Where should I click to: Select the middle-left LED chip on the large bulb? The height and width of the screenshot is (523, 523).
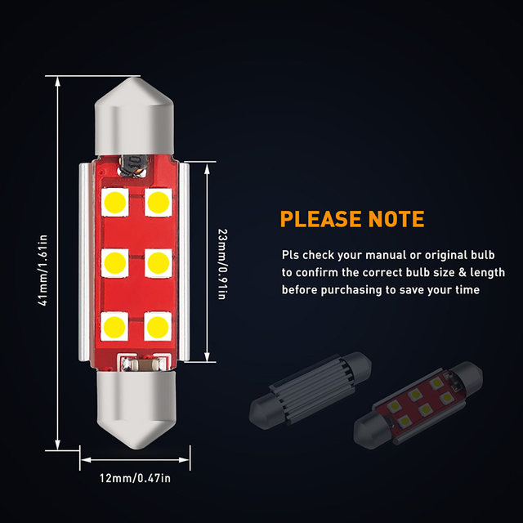(x=114, y=262)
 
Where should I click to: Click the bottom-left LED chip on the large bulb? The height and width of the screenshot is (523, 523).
(x=114, y=324)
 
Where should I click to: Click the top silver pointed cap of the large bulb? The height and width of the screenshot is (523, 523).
(x=135, y=106)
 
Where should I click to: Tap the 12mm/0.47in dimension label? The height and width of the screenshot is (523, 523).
(x=135, y=476)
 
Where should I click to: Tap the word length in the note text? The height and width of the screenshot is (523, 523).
(x=488, y=272)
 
